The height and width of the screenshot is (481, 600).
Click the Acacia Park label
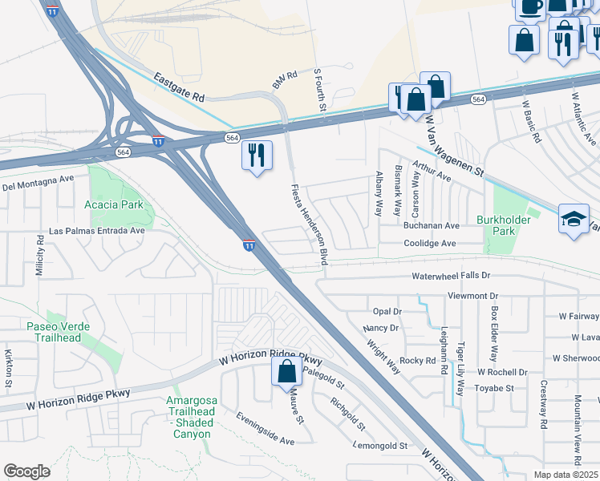pyautogui.click(x=114, y=204)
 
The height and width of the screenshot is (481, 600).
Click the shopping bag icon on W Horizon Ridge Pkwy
pyautogui.click(x=286, y=371)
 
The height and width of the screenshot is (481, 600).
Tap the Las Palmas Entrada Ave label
pyautogui.click(x=97, y=230)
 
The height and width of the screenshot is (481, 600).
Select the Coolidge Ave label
pyautogui.click(x=429, y=243)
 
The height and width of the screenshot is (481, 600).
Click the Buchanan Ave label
pyautogui.click(x=431, y=226)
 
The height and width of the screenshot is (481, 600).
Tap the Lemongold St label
pyautogui.click(x=381, y=445)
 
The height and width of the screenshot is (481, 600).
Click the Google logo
pyautogui.click(x=27, y=471)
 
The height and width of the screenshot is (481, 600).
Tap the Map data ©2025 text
pyautogui.click(x=565, y=475)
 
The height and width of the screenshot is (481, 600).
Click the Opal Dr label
pyautogui.click(x=387, y=311)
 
